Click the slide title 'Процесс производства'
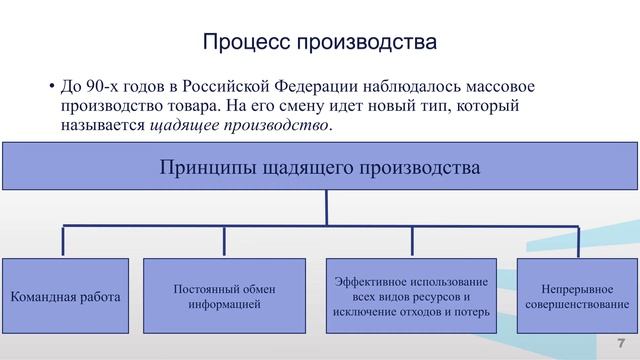pos(320,43)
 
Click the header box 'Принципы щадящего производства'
pos(320,166)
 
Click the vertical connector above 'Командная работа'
pos(64,241)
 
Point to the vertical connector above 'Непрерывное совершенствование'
pos(577,241)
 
